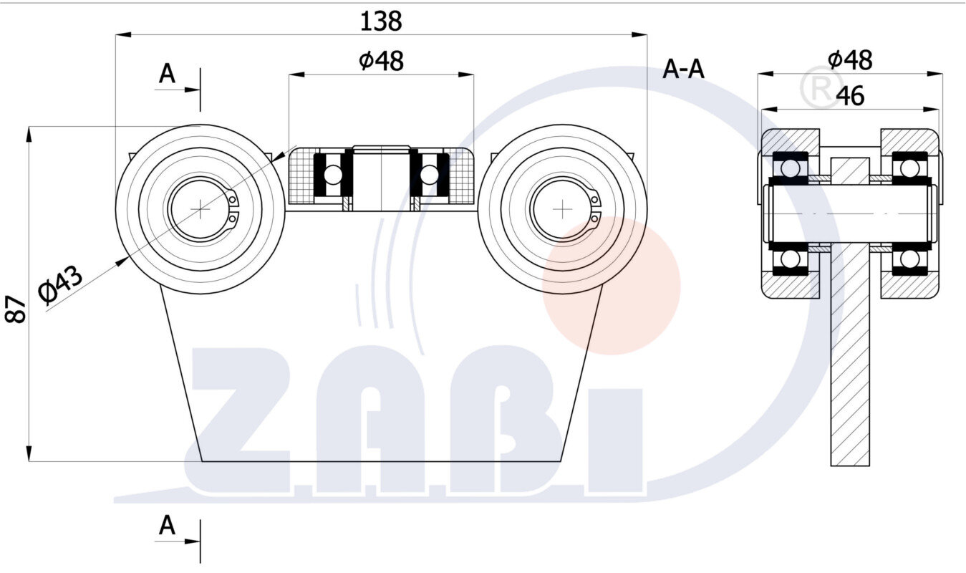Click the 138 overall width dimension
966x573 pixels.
pos(380,21)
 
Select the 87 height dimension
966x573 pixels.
pos(16,309)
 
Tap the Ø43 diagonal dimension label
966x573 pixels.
pos(61,284)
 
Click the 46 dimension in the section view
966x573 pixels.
pos(849,95)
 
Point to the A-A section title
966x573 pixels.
pos(683,69)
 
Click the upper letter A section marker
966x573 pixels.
pos(167,74)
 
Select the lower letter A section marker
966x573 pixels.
pos(167,526)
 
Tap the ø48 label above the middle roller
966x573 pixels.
pos(381,62)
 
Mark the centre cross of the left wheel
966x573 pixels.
pos(201,208)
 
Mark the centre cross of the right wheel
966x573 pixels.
pos(563,208)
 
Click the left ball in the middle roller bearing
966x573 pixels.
pos(333,174)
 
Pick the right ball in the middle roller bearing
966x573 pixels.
pos(429,174)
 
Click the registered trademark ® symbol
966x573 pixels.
pos(821,87)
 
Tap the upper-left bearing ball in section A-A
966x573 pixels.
pos(790,168)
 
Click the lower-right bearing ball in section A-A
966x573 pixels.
pos(909,259)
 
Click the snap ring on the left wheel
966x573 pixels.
pos(232,208)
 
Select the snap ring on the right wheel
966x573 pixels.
pos(594,208)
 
